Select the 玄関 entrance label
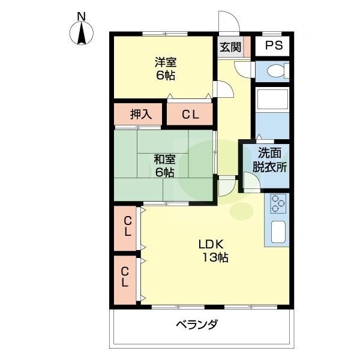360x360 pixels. (x=230, y=46)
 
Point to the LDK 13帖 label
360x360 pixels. (x=212, y=251)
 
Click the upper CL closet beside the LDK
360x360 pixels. (x=127, y=228)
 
